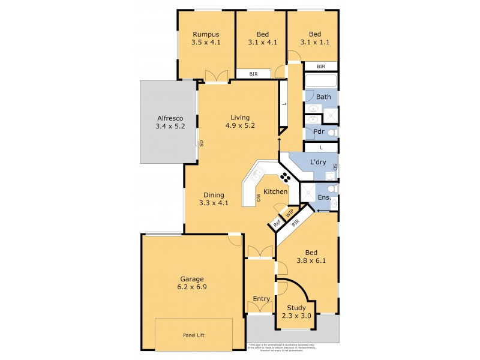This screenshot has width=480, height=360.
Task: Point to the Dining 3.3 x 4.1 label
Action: (214, 199)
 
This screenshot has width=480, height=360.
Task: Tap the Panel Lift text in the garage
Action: (193, 335)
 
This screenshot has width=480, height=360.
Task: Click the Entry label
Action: (261, 299)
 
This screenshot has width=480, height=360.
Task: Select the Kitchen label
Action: (275, 192)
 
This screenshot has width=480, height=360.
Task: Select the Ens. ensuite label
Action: (323, 197)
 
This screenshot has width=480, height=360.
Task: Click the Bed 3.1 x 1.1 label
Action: (315, 38)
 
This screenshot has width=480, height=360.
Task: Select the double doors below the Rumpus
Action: (217, 76)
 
